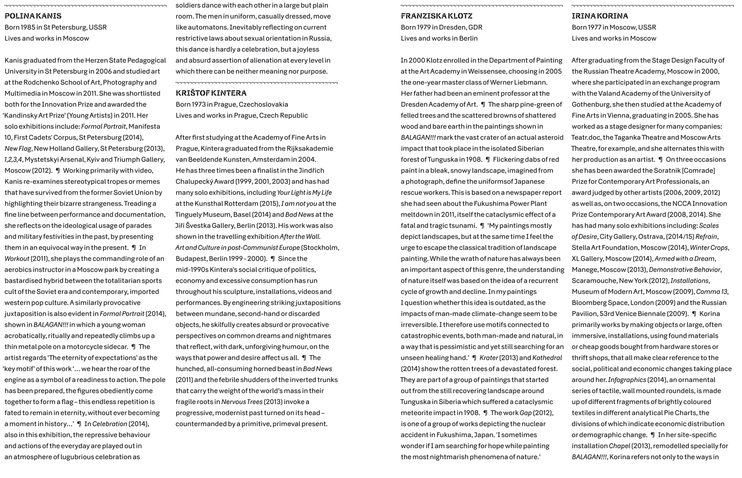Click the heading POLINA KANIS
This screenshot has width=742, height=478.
33,16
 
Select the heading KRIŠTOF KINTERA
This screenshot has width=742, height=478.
211,93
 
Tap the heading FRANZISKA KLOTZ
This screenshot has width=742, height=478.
436,16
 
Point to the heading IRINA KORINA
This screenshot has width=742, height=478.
600,16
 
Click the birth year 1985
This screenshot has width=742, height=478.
32,27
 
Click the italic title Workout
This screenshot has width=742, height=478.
17,258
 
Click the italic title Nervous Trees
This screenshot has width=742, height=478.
242,402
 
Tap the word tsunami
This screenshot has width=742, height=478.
463,225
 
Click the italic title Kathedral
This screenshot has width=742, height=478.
547,358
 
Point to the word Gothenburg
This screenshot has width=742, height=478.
593,104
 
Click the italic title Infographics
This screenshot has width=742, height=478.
627,380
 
